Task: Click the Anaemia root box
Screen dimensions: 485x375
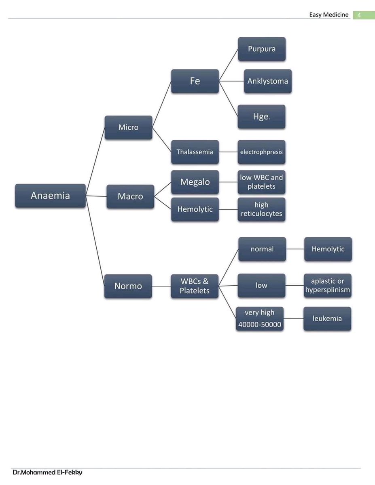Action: [x=50, y=196]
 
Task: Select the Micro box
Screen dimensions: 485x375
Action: [x=128, y=127]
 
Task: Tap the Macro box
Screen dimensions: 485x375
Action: [x=130, y=196]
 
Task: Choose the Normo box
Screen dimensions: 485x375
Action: [x=128, y=286]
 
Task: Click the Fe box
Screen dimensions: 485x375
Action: [x=195, y=81]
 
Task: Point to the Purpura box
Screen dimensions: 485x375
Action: [x=261, y=49]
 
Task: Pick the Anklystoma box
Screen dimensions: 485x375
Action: [x=267, y=81]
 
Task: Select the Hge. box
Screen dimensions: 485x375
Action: [x=261, y=117]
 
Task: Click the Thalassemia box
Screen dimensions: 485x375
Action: [x=195, y=152]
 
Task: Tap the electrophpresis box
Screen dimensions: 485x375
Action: [x=261, y=152]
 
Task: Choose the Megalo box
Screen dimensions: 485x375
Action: [x=195, y=182]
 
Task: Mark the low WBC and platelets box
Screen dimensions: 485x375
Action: [x=261, y=182]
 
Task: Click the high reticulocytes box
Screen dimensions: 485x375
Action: [x=261, y=209]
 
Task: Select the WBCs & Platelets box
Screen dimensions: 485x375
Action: [x=195, y=286]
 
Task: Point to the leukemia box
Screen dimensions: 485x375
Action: [x=327, y=318]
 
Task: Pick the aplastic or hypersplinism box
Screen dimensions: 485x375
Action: [x=327, y=286]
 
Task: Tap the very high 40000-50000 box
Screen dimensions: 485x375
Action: [x=259, y=318]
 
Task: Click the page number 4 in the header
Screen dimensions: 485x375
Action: [x=358, y=15]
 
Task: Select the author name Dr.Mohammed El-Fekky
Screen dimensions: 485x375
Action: [x=47, y=472]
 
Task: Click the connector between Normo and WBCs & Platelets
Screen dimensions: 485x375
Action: [x=161, y=286]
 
